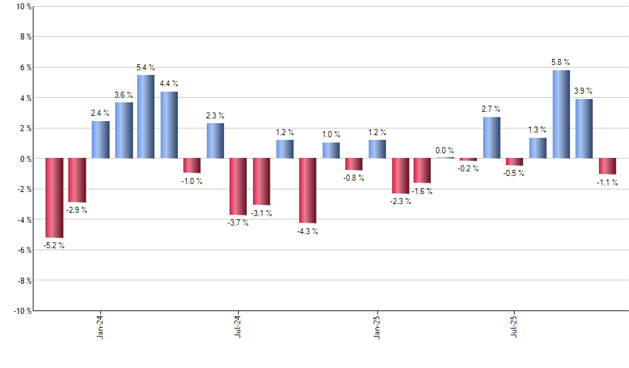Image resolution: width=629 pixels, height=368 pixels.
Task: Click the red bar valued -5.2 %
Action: pos(54,198)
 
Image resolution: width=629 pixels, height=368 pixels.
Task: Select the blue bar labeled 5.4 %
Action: pos(146,117)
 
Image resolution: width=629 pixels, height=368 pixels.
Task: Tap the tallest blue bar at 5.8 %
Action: pos(561,114)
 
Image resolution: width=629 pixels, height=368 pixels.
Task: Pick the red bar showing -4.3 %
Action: pos(307,191)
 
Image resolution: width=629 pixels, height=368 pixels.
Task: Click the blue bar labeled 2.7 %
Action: pos(492,138)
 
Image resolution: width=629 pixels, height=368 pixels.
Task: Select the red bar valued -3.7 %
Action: pos(238,187)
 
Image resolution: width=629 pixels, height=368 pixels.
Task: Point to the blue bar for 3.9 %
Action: pos(584,128)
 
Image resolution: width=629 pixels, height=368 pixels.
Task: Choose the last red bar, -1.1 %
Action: pos(608,166)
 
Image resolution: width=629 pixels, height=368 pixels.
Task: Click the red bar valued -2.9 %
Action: pos(77,181)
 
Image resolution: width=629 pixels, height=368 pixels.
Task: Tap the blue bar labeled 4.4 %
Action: pos(169,125)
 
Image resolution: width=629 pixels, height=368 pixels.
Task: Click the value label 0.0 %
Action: pos(445,151)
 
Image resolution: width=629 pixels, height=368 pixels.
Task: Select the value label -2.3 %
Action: pos(399,201)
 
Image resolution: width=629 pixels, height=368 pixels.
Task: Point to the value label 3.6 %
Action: pos(123,95)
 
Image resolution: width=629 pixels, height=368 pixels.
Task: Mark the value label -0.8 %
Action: pos(354,178)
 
